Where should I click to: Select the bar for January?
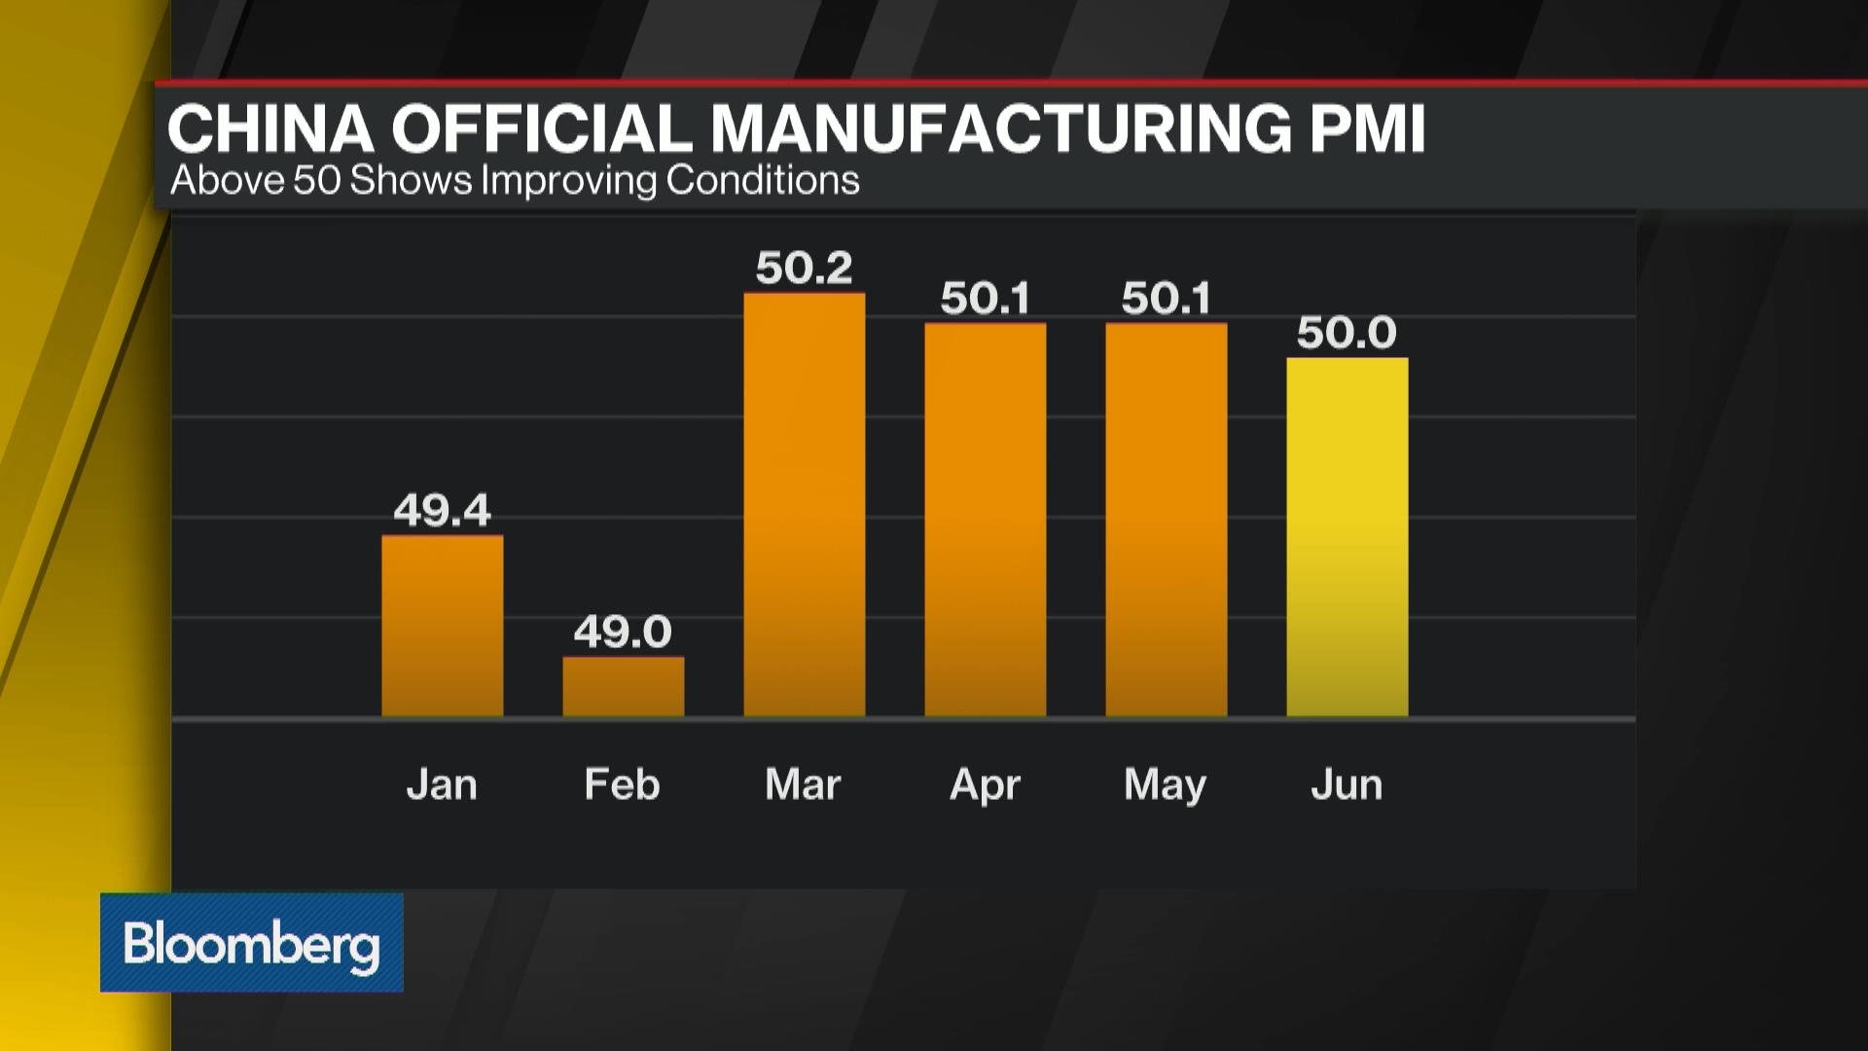(x=443, y=626)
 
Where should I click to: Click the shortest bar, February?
(x=624, y=687)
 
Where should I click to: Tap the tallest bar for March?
(x=805, y=504)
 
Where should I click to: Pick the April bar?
(x=986, y=520)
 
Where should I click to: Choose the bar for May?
(x=1167, y=520)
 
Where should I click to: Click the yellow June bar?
(x=1347, y=537)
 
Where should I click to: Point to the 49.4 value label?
(x=443, y=510)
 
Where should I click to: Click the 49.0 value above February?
(x=624, y=633)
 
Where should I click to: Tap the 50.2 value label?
(x=805, y=268)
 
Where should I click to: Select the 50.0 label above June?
(x=1347, y=333)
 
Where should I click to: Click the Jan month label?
(x=443, y=784)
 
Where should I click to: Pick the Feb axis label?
(x=623, y=784)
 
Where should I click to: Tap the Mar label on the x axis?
(x=804, y=784)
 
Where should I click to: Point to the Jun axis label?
(x=1347, y=784)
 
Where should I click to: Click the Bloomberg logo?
(x=252, y=943)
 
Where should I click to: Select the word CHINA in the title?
(x=271, y=128)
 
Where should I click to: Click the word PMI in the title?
(x=1367, y=128)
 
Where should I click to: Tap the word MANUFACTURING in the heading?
(x=1001, y=128)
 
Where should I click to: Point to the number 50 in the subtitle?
(x=317, y=181)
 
